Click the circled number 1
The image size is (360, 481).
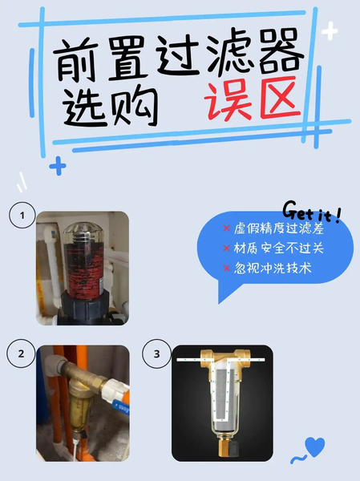click(x=22, y=215)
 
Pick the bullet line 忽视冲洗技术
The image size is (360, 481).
click(x=273, y=269)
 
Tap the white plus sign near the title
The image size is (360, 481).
click(x=330, y=32)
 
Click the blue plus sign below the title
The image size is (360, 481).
click(x=57, y=167)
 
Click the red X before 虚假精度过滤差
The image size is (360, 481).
click(x=228, y=229)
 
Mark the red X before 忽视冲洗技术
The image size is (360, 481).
click(x=228, y=269)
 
